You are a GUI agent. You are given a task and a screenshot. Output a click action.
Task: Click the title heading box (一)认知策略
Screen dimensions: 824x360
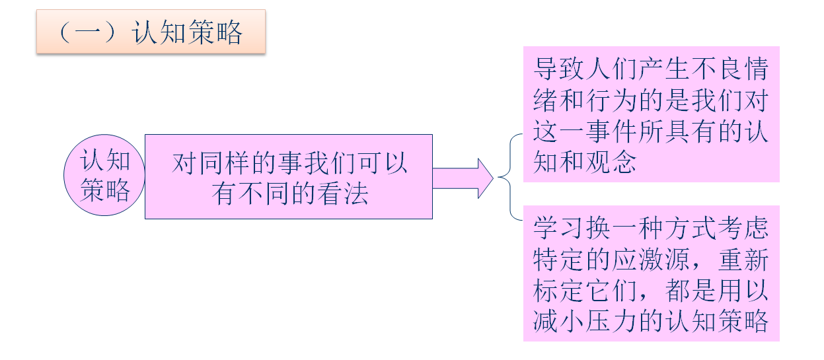(151, 32)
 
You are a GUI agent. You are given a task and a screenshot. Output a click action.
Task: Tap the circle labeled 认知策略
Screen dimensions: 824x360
(105, 176)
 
